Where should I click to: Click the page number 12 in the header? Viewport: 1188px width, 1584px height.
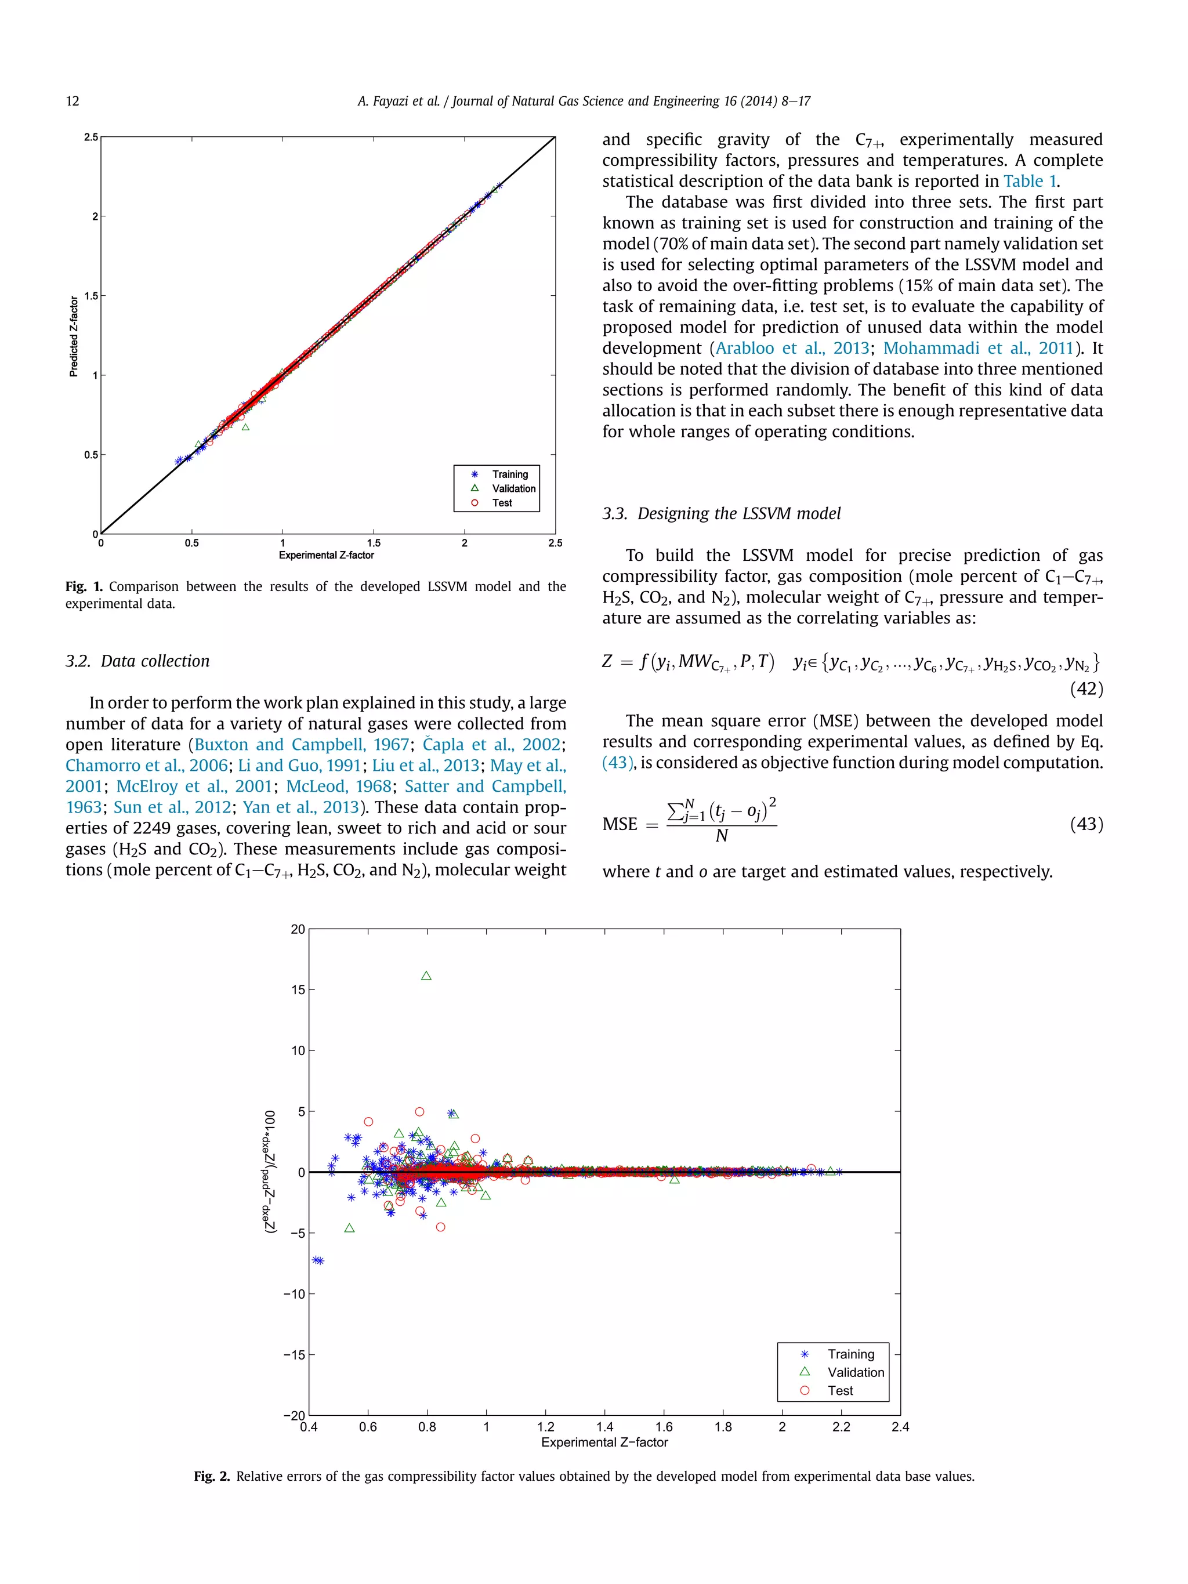[x=73, y=101]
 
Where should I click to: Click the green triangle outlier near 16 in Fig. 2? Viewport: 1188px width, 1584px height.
[x=427, y=976]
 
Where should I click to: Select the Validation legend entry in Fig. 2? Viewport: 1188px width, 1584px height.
[x=855, y=1372]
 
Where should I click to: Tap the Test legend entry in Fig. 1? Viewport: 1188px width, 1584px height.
[x=501, y=503]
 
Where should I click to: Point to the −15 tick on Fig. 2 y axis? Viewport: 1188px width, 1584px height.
[x=294, y=1355]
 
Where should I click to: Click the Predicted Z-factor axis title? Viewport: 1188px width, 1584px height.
[x=74, y=336]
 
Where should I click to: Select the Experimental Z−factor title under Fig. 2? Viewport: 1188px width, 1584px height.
[x=604, y=1442]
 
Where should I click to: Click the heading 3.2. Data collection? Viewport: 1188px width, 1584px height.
[x=137, y=661]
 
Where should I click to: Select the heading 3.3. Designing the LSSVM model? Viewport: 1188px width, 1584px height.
[x=721, y=513]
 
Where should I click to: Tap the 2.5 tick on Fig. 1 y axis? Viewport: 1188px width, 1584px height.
[x=91, y=137]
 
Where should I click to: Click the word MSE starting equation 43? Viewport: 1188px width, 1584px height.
[x=620, y=824]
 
